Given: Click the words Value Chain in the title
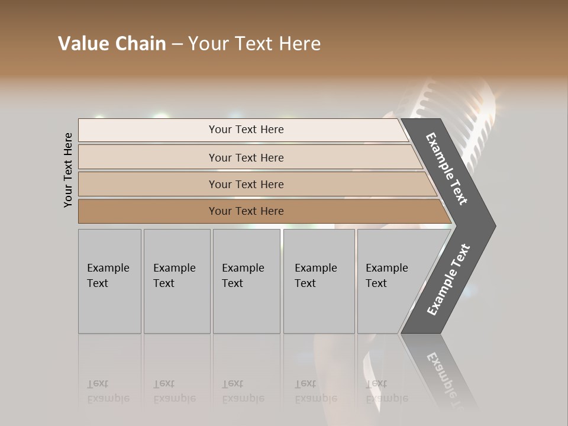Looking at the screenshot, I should pyautogui.click(x=112, y=44).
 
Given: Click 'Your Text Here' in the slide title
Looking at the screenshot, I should pyautogui.click(x=254, y=44).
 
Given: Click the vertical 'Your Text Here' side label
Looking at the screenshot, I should pyautogui.click(x=68, y=170).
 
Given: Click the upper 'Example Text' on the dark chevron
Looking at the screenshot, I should pyautogui.click(x=447, y=169).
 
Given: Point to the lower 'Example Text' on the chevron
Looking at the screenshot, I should pyautogui.click(x=448, y=280).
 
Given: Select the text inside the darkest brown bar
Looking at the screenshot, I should pyautogui.click(x=246, y=211).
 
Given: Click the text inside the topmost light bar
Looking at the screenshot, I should pyautogui.click(x=246, y=130).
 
